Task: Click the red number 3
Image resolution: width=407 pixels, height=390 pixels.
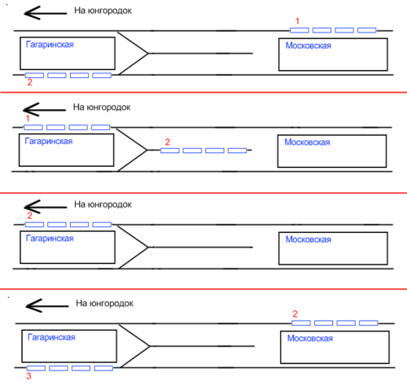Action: click(28, 376)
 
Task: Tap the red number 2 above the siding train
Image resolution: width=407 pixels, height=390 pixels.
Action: click(168, 142)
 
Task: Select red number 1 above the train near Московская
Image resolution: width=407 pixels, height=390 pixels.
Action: click(297, 21)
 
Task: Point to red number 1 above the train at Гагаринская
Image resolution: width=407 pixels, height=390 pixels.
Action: click(28, 118)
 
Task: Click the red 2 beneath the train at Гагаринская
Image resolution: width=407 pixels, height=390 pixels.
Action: click(30, 82)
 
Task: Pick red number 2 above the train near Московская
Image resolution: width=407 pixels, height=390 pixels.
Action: click(295, 314)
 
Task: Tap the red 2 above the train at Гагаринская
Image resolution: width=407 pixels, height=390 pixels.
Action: click(30, 216)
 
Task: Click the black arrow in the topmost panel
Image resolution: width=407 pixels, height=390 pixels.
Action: click(46, 13)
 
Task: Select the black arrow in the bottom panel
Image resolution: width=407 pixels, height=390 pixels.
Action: click(47, 306)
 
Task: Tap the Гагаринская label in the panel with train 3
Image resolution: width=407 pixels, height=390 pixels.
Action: click(51, 337)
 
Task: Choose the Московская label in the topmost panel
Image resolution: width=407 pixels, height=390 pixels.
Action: click(309, 46)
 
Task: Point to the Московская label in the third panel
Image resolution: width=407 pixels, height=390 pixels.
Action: click(309, 239)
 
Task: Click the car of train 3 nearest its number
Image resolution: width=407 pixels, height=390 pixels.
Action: click(36, 368)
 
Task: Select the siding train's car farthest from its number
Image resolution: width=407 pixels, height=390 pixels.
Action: click(237, 151)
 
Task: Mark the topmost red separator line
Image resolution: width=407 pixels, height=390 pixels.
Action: click(203, 92)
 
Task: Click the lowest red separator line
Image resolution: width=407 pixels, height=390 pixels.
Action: click(203, 289)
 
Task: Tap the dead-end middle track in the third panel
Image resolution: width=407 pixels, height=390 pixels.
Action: click(200, 248)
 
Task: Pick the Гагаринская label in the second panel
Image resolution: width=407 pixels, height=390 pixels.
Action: click(49, 141)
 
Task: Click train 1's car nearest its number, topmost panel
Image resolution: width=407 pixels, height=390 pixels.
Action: click(300, 30)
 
